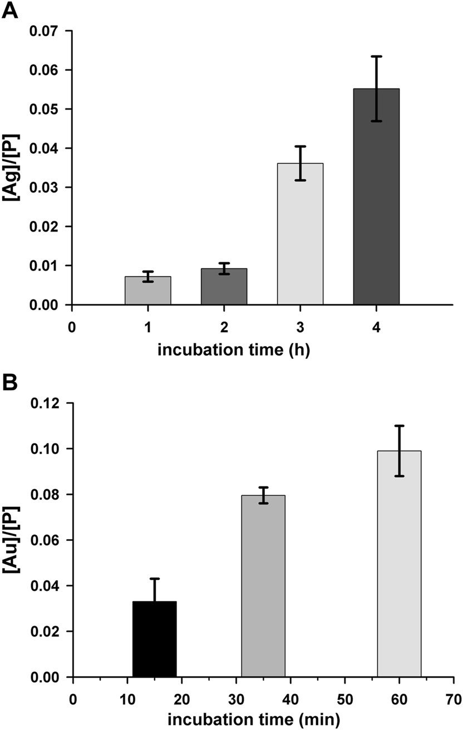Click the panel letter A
click(9, 10)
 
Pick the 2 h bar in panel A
click(224, 287)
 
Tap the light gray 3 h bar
click(300, 234)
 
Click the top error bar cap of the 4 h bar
click(376, 56)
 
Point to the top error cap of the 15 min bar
click(155, 579)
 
